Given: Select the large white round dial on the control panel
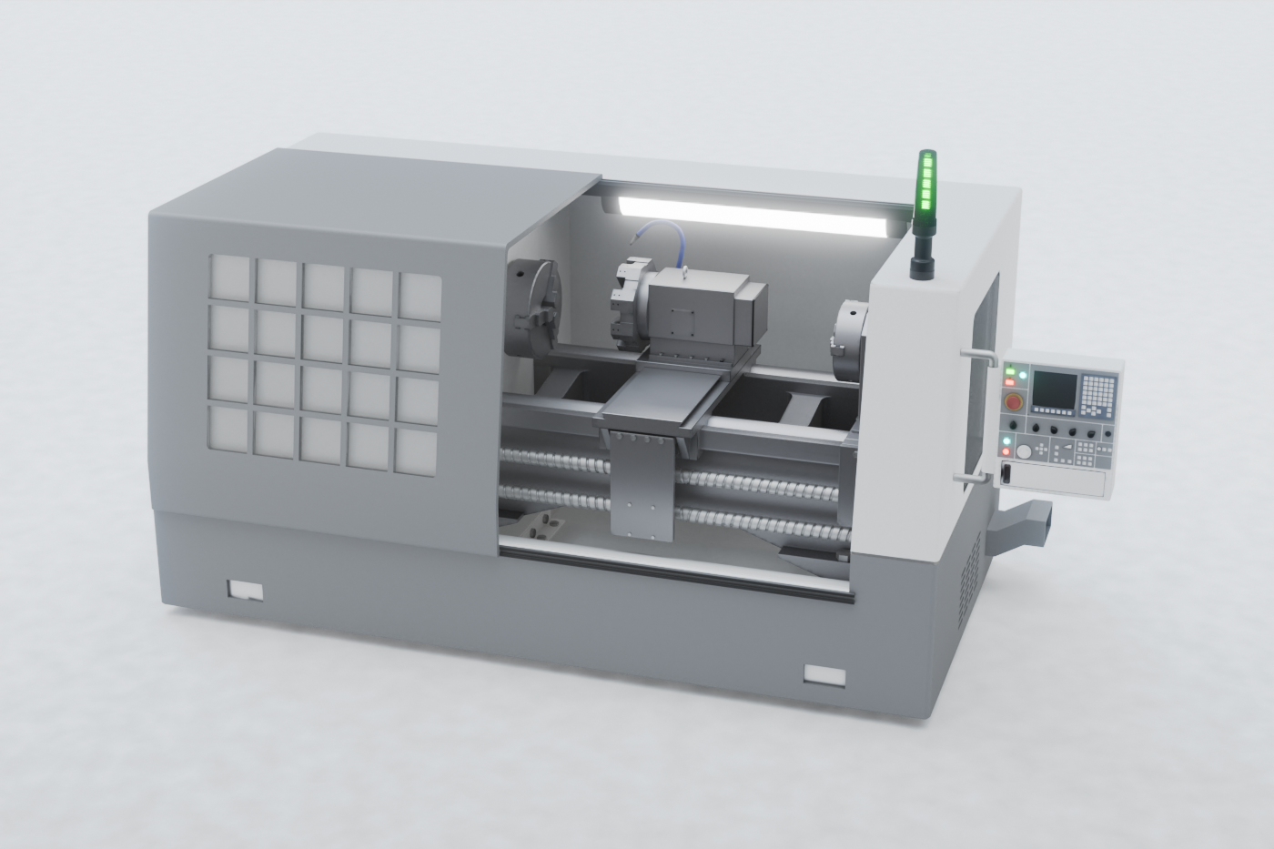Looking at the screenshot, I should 1025,451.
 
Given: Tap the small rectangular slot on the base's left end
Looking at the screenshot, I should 244,590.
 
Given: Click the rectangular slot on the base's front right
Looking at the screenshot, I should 824,674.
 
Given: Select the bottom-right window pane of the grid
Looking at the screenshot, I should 417,450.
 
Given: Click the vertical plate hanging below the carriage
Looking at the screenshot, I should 643,486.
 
